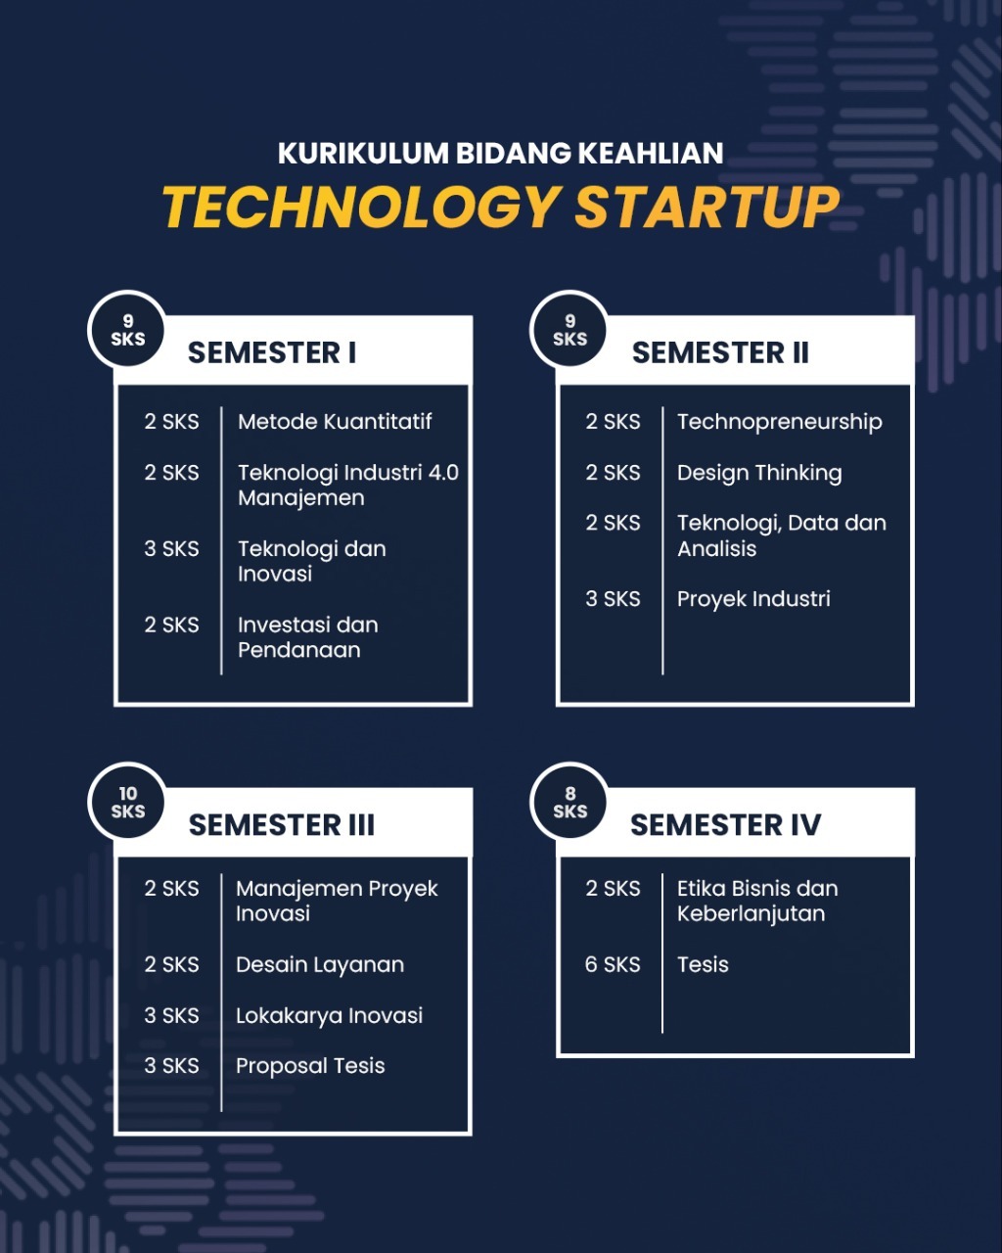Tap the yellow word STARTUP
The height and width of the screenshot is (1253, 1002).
(707, 207)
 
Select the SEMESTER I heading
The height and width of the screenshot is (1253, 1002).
(272, 352)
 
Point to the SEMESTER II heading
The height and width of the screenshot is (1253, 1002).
(720, 352)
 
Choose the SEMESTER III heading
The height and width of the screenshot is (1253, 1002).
(282, 824)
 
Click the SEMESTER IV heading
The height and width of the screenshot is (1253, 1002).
(725, 824)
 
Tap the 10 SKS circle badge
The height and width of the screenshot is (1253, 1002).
(127, 802)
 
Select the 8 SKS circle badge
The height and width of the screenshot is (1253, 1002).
(569, 802)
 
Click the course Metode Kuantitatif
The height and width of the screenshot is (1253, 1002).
(335, 421)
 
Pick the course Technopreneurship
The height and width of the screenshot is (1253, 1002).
(780, 422)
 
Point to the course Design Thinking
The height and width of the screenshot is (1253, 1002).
(759, 473)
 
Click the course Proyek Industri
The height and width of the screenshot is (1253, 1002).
(753, 599)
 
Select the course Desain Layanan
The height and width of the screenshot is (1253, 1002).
(320, 965)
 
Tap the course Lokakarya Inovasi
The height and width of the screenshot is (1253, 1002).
(329, 1016)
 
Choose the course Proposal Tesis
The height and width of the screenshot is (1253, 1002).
(310, 1066)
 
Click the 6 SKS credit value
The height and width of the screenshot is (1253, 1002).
(613, 965)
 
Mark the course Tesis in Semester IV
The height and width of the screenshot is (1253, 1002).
(703, 965)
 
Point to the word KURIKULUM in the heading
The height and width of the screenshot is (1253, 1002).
(363, 153)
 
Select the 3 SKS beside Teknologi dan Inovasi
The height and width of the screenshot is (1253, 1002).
(171, 548)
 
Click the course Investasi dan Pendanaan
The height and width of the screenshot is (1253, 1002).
(308, 637)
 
